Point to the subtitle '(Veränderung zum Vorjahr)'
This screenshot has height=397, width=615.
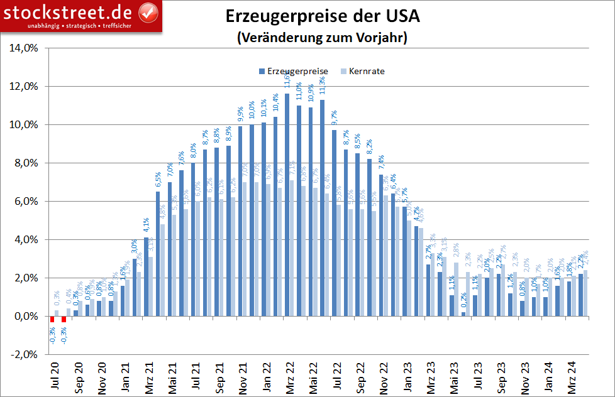[322, 38]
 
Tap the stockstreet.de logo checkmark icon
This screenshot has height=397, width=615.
[147, 11]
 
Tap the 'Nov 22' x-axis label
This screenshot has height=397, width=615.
[382, 377]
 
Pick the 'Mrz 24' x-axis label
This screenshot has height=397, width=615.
[570, 377]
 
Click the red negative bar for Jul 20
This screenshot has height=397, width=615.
[52, 319]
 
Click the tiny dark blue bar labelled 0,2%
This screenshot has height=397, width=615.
[463, 314]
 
